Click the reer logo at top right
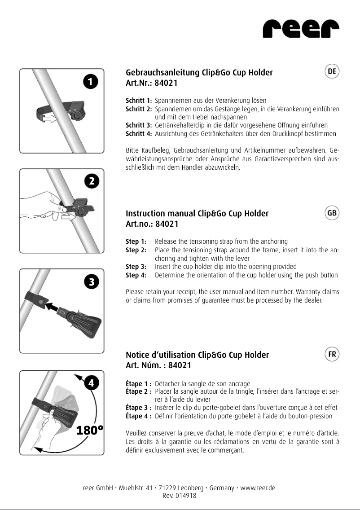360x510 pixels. [x=300, y=30]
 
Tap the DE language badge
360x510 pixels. [x=332, y=72]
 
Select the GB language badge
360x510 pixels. [x=332, y=213]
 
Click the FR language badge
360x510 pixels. [x=332, y=354]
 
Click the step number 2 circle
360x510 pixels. [x=91, y=181]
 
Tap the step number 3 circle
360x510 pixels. [x=91, y=282]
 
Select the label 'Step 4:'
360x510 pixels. [x=136, y=275]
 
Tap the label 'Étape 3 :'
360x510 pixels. [x=139, y=408]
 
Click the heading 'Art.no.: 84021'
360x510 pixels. [x=152, y=224]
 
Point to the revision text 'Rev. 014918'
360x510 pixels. [x=180, y=496]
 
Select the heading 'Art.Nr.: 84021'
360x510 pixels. [x=152, y=83]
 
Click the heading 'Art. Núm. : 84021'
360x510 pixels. [x=158, y=365]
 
